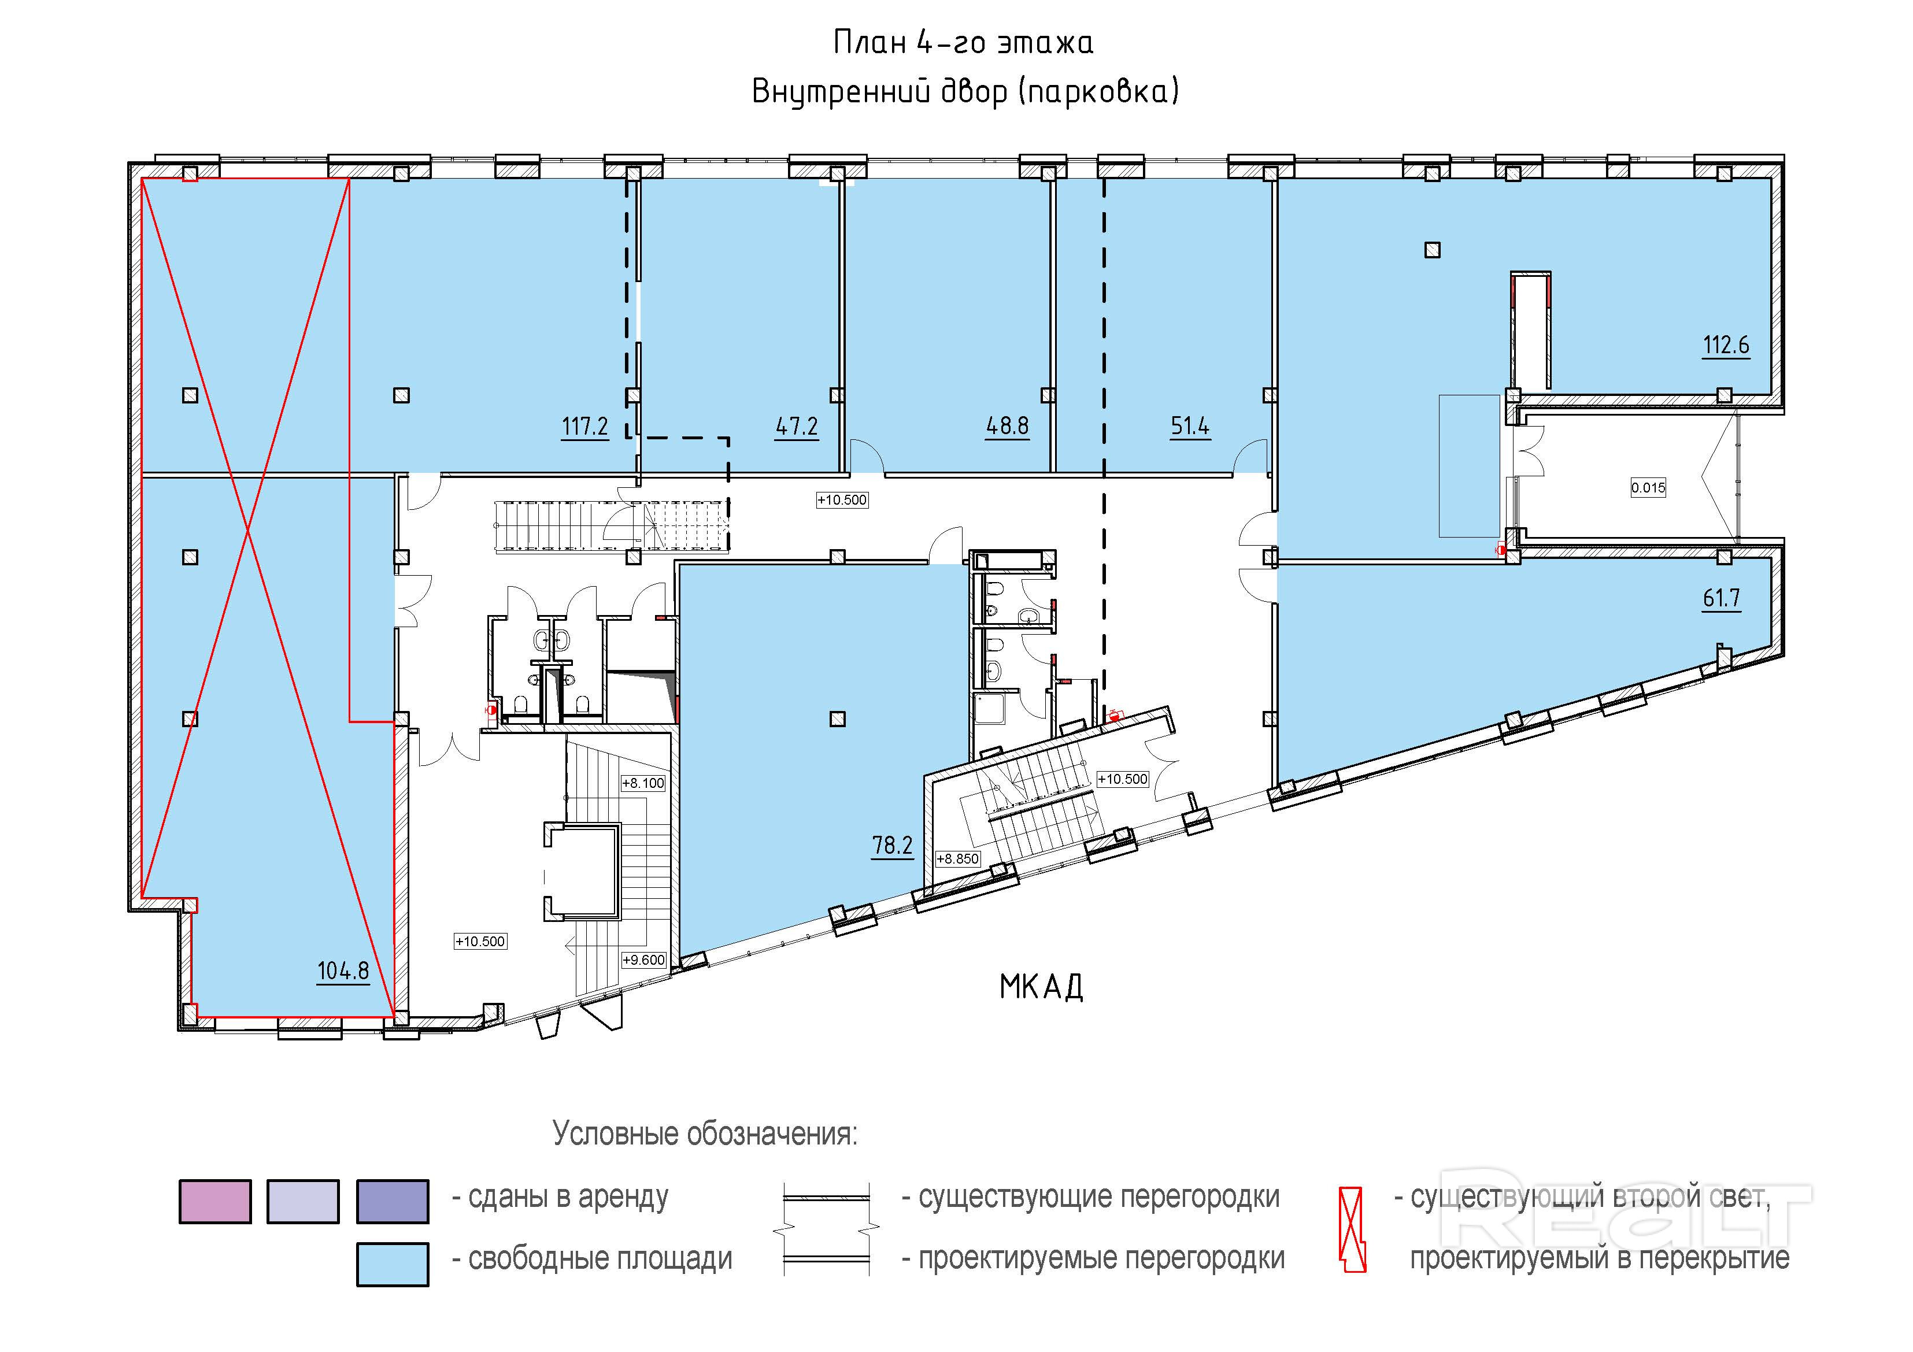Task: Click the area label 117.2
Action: [x=585, y=427]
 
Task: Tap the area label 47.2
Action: [x=797, y=427]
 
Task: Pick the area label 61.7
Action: [x=1722, y=598]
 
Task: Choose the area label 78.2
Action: [x=893, y=846]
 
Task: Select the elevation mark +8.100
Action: [x=643, y=783]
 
